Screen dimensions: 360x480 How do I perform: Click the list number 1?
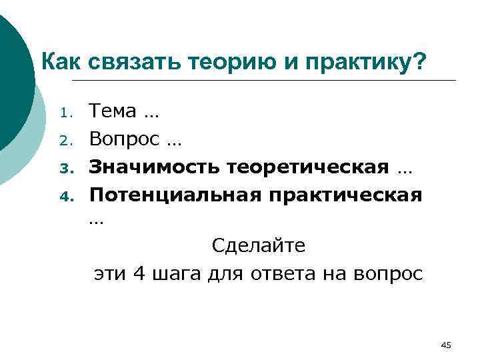click(x=65, y=113)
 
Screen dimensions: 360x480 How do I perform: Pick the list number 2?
click(x=65, y=141)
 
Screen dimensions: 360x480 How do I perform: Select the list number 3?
click(x=65, y=168)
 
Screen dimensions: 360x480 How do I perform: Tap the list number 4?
click(x=65, y=196)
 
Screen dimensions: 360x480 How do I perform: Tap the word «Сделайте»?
click(x=259, y=246)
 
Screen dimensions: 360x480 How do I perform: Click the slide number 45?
click(x=446, y=345)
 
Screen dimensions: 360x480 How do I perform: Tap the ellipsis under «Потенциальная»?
click(x=97, y=222)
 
